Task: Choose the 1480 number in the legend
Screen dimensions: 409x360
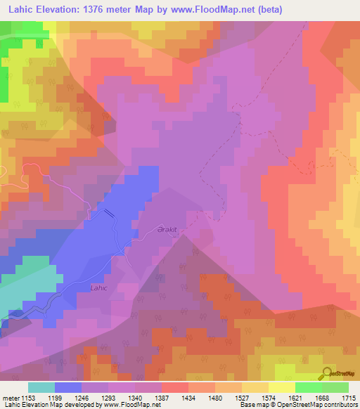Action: [224, 398]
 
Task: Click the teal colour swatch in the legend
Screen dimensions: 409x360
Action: [41, 387]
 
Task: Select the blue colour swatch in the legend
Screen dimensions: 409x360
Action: [68, 387]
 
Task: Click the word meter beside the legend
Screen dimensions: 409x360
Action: [11, 398]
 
